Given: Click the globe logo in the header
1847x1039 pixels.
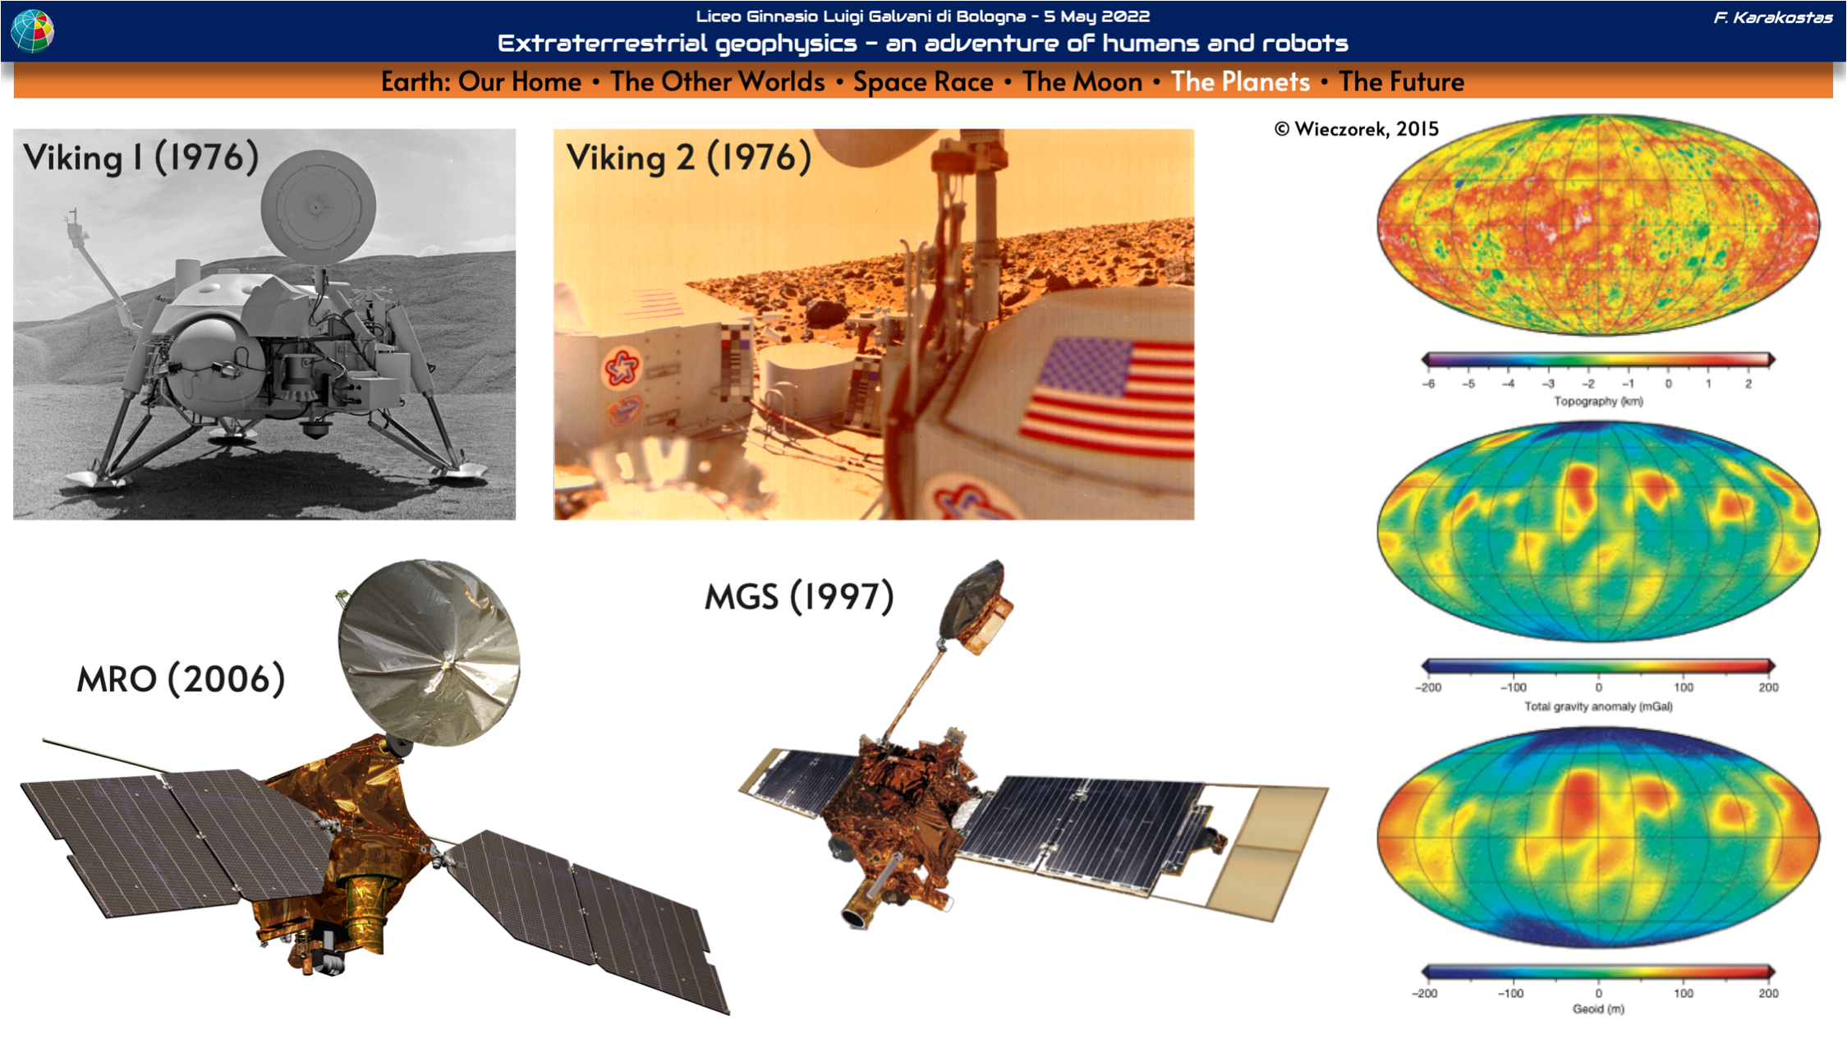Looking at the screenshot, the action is point(33,30).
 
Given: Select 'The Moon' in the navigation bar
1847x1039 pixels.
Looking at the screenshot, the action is point(1082,82).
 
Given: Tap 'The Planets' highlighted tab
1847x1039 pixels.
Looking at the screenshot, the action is point(1240,82).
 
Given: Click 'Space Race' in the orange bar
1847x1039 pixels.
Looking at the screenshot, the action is point(923,82).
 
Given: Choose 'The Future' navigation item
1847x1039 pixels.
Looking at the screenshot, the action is point(1401,82).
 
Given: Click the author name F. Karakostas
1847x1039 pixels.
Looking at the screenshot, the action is point(1773,17).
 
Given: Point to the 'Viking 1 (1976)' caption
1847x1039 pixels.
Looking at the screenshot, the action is point(140,157).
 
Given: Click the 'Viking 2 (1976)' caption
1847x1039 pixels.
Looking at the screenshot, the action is point(688,157).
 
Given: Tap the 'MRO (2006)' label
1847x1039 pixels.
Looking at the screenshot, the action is point(181,679).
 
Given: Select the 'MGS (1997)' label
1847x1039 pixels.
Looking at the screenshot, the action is point(799,596).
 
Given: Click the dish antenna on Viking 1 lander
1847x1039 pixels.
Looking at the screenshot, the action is point(318,207).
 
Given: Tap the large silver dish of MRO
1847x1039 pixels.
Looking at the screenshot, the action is point(428,653).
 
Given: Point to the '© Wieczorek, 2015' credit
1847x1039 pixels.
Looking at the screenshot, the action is point(1356,129).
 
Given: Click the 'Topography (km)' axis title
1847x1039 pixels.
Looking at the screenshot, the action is point(1598,401).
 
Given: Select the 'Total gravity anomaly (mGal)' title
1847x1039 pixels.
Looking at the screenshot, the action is point(1598,706).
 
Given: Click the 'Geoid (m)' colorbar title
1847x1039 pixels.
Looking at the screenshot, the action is point(1598,1009).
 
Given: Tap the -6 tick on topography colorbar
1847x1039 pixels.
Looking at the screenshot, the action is point(1429,384).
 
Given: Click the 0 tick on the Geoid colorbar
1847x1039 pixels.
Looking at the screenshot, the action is point(1598,993).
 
